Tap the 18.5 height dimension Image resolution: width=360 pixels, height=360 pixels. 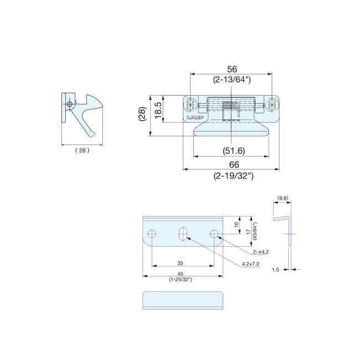[x=158, y=107]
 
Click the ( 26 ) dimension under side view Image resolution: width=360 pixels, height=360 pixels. [x=81, y=150]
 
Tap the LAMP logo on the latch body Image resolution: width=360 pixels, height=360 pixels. [x=196, y=117]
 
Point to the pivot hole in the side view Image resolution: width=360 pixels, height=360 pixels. [x=69, y=105]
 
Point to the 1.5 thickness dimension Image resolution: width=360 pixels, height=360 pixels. [x=275, y=270]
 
